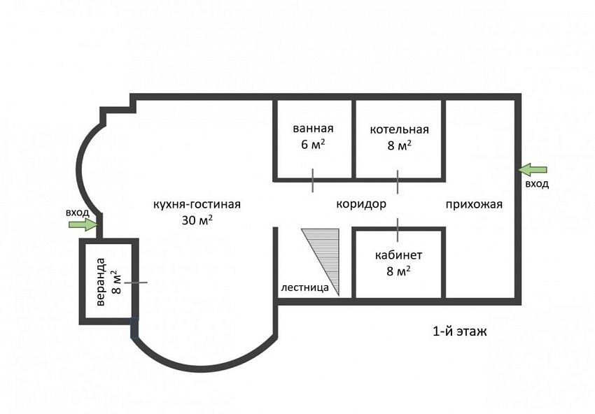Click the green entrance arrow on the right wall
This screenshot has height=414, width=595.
[533, 170]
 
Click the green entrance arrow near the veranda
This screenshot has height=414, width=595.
[83, 224]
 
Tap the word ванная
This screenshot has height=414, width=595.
[313, 128]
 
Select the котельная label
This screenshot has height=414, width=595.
[399, 129]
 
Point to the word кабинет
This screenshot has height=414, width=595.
[398, 255]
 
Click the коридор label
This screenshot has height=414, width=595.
[361, 204]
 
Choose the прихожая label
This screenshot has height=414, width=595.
[474, 205]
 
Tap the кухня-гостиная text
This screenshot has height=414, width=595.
[197, 204]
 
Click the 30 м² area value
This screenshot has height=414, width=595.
[197, 220]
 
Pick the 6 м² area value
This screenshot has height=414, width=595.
[313, 144]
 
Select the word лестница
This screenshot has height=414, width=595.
[304, 287]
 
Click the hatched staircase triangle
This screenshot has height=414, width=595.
[325, 254]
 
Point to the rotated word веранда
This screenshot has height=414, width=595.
[101, 282]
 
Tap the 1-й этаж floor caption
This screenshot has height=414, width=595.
[459, 331]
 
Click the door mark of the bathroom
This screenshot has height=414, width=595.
[313, 180]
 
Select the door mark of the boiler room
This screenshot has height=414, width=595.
[398, 182]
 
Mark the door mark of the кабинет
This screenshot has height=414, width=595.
[398, 230]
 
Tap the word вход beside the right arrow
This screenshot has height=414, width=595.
[537, 184]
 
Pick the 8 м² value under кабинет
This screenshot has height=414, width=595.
[398, 271]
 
